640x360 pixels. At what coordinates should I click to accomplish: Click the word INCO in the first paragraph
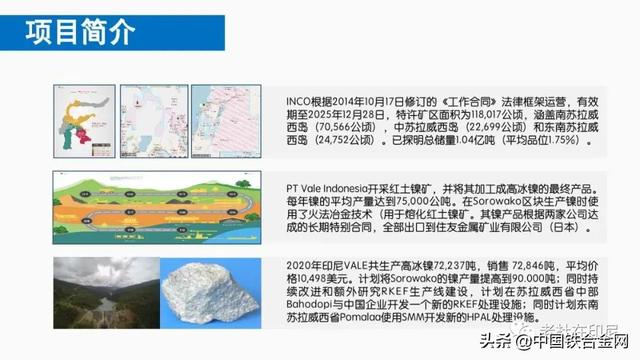301,101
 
